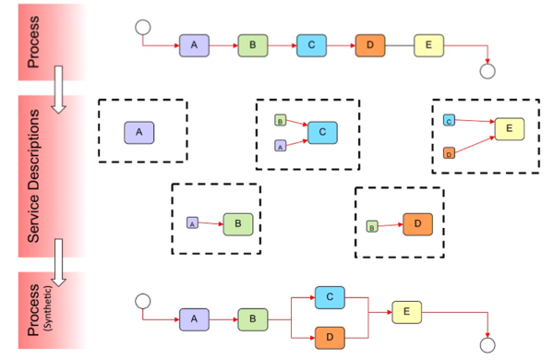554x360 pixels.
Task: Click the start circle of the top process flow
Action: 142,26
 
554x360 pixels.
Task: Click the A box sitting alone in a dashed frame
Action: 138,133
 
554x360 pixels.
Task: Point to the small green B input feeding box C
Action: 280,120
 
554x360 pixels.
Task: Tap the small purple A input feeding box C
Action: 280,146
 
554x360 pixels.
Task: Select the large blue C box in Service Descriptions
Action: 323,132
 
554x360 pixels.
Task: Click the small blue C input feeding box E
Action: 449,120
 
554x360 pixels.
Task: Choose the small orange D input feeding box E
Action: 449,152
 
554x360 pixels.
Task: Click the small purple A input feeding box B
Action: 192,222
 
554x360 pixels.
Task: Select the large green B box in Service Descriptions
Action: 237,222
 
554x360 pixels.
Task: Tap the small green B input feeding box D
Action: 371,225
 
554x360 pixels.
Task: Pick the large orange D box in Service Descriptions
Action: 417,222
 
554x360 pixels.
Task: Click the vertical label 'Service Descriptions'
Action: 34,175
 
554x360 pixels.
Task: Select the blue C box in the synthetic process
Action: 330,297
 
